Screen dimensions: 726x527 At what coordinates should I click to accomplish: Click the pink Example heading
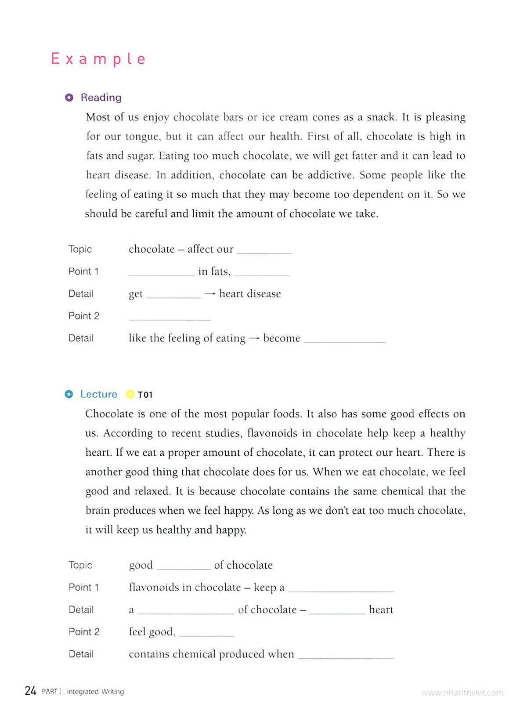(98, 59)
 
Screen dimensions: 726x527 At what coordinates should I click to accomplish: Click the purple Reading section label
(101, 98)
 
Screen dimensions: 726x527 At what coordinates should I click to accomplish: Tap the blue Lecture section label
(99, 394)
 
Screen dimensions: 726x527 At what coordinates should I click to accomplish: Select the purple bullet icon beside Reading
(69, 98)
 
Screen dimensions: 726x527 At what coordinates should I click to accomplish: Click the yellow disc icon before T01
(130, 394)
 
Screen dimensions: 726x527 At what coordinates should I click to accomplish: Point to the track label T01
(145, 395)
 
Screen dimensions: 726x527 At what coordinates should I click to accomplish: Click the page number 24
(30, 691)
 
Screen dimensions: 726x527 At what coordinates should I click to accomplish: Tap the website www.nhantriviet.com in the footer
(462, 693)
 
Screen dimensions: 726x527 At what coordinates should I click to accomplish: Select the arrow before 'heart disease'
(210, 294)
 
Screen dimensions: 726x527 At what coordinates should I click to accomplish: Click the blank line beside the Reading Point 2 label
(170, 317)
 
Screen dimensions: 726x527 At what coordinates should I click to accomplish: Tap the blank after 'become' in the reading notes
(345, 340)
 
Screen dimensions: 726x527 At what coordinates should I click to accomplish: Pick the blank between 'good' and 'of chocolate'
(183, 566)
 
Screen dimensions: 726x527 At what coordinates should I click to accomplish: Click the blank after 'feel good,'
(206, 633)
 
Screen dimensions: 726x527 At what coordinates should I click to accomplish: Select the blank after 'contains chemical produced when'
(346, 656)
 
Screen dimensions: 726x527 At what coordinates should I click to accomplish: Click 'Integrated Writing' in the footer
(95, 692)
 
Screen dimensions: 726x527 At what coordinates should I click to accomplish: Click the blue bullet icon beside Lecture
(69, 394)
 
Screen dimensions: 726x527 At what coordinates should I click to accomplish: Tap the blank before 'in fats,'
(161, 273)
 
